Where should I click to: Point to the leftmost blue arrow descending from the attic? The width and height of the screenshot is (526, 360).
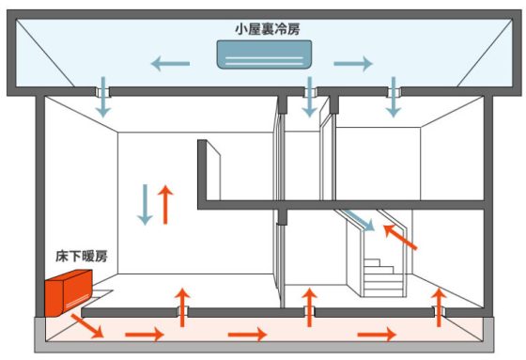(103, 102)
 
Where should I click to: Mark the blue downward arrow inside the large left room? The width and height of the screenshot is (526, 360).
(145, 204)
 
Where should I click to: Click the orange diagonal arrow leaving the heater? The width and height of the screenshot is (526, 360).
(89, 326)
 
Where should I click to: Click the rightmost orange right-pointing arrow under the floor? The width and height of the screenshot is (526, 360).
(378, 334)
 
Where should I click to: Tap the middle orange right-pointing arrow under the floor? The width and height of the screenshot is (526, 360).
(249, 334)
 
